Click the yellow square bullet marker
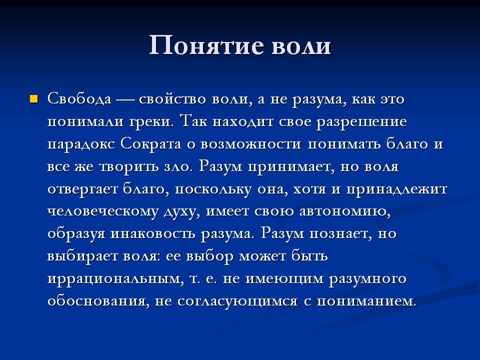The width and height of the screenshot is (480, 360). pyautogui.click(x=34, y=99)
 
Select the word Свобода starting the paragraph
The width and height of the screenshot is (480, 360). pyautogui.click(x=79, y=99)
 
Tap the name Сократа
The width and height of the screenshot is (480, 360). pyautogui.click(x=151, y=144)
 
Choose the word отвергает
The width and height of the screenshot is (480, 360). pyautogui.click(x=82, y=189)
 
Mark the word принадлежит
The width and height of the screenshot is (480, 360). pyautogui.click(x=396, y=189)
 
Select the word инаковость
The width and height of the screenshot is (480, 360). pyautogui.click(x=152, y=234)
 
